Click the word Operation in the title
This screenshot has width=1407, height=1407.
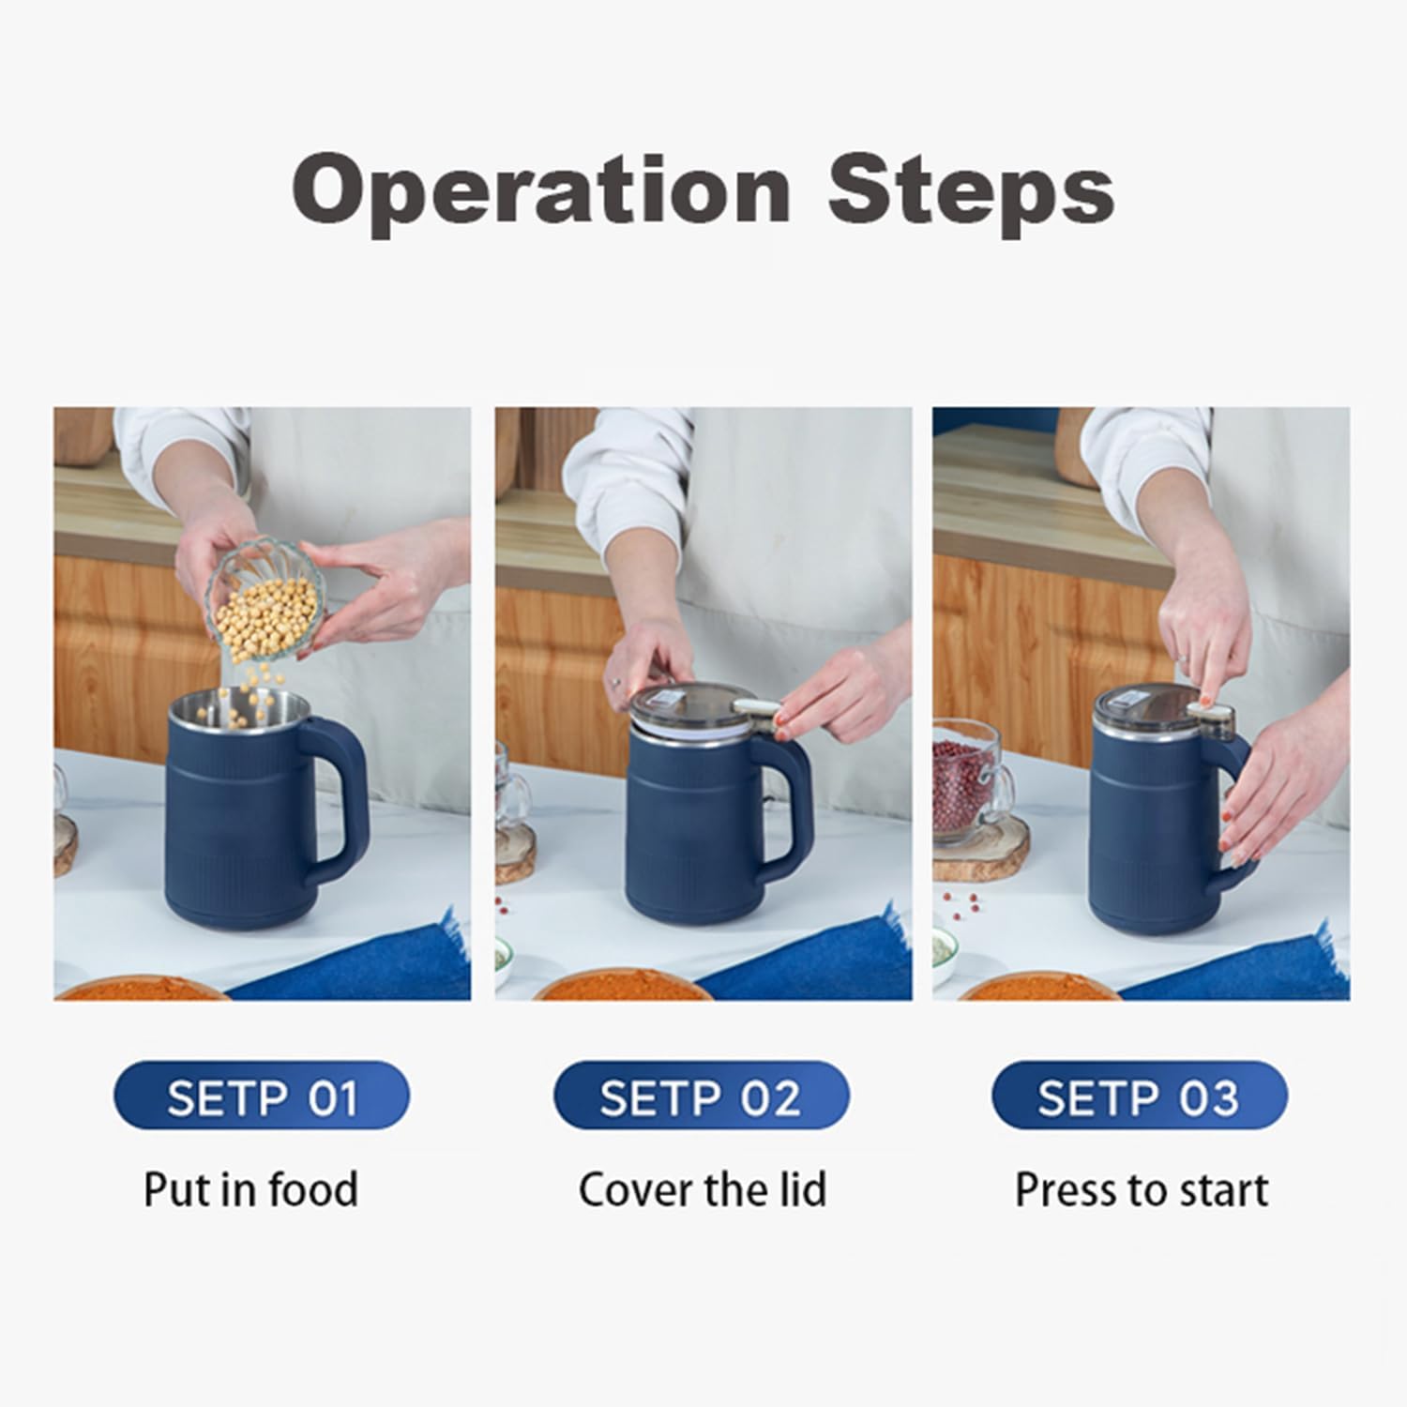(x=541, y=191)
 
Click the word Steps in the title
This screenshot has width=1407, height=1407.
(x=971, y=191)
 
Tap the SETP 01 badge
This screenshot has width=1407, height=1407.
(x=262, y=1096)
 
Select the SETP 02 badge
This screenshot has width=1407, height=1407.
(x=701, y=1096)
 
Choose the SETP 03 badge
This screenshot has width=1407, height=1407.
(x=1139, y=1096)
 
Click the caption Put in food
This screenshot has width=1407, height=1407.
(x=250, y=1189)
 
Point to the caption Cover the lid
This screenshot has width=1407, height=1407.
(x=702, y=1189)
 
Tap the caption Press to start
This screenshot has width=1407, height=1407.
(x=1141, y=1189)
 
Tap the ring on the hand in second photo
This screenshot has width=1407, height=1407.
(x=614, y=682)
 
